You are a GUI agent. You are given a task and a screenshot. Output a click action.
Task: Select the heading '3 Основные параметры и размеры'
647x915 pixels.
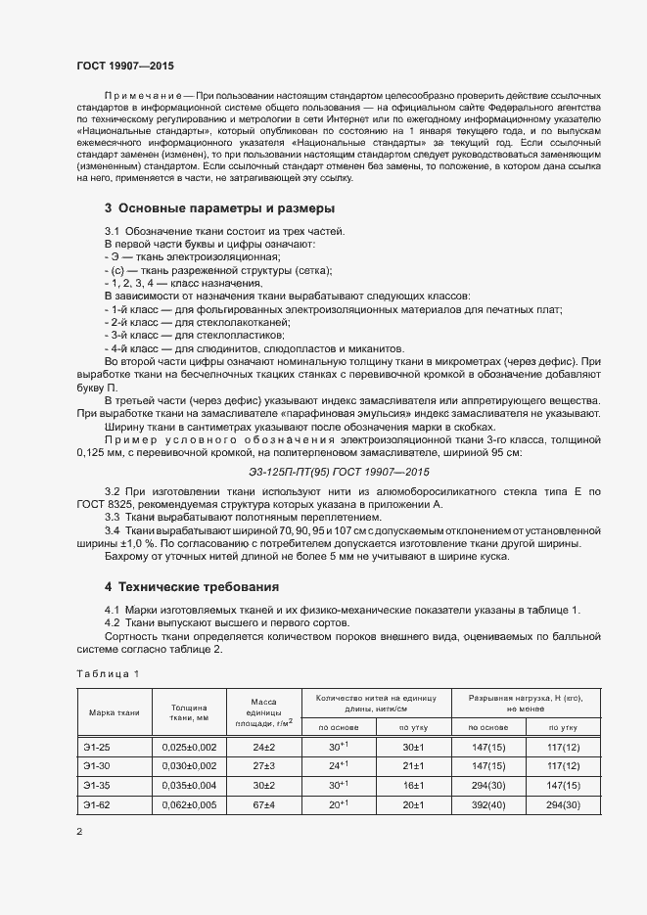(220, 208)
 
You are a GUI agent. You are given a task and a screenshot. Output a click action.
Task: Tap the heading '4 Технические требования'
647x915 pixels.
(192, 587)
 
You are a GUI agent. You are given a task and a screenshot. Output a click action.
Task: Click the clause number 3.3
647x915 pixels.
(113, 517)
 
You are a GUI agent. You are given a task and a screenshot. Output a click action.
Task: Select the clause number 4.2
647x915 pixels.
(113, 622)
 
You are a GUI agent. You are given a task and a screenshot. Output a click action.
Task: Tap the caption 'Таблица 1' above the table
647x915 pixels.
(108, 674)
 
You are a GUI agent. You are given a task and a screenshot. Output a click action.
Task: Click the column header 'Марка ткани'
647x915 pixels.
(114, 712)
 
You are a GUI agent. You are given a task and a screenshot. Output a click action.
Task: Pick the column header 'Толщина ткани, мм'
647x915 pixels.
(189, 712)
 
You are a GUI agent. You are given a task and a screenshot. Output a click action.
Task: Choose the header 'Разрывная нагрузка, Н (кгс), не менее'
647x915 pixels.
(526, 703)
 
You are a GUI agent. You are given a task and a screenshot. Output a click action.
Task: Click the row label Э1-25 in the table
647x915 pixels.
(97, 747)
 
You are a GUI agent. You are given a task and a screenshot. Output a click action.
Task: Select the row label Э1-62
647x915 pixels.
(97, 804)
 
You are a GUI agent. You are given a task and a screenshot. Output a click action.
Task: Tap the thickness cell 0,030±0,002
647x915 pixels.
(189, 765)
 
